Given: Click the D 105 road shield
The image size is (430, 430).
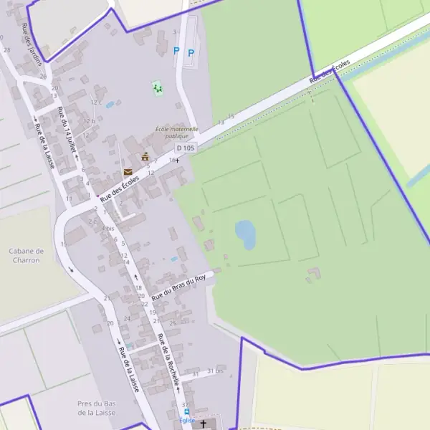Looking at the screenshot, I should tap(185, 148).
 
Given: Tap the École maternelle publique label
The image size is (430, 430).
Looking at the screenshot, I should tap(176, 132).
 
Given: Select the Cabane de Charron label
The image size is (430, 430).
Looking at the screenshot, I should tap(27, 255).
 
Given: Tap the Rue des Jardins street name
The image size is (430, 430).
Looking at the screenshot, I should tap(32, 43).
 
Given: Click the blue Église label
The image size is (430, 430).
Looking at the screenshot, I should tap(187, 420).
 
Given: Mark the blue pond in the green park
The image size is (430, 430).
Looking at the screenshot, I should tap(246, 233).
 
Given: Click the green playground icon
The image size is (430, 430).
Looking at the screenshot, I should tap(157, 88).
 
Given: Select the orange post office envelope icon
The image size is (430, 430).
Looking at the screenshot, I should tap(128, 172).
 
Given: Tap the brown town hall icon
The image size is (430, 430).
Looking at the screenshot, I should tap(145, 156).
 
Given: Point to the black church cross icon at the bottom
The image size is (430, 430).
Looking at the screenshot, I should tap(203, 424).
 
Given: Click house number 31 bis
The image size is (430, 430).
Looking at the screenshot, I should tap(215, 371).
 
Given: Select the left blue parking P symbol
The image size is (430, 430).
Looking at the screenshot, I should tap(176, 51).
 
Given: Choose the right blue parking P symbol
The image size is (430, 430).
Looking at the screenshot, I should tap(191, 52).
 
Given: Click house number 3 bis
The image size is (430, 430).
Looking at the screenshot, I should tap(108, 228).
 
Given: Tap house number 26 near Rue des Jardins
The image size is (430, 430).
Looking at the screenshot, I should tap(44, 76).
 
